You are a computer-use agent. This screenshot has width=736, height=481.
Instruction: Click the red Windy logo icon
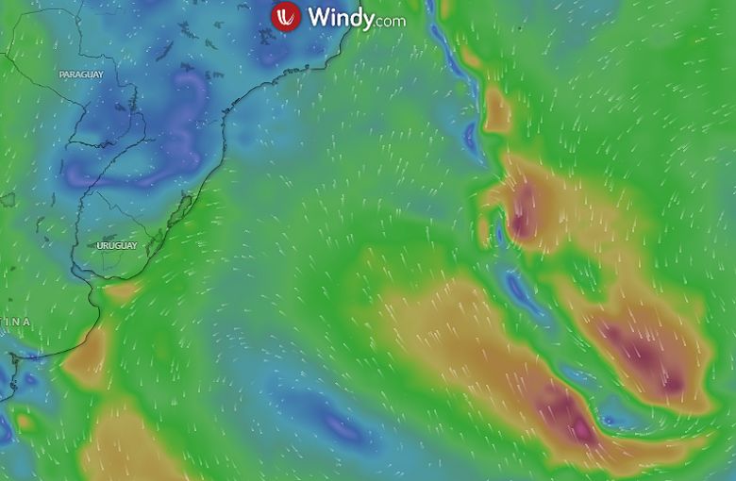[x=285, y=17]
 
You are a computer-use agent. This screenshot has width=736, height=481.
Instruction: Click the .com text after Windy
[x=390, y=20]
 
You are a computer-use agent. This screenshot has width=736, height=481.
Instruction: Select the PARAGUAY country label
[x=80, y=75]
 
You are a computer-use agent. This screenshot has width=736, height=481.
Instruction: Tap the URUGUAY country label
[x=117, y=245]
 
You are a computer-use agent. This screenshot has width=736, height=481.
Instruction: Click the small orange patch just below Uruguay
[x=120, y=291]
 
